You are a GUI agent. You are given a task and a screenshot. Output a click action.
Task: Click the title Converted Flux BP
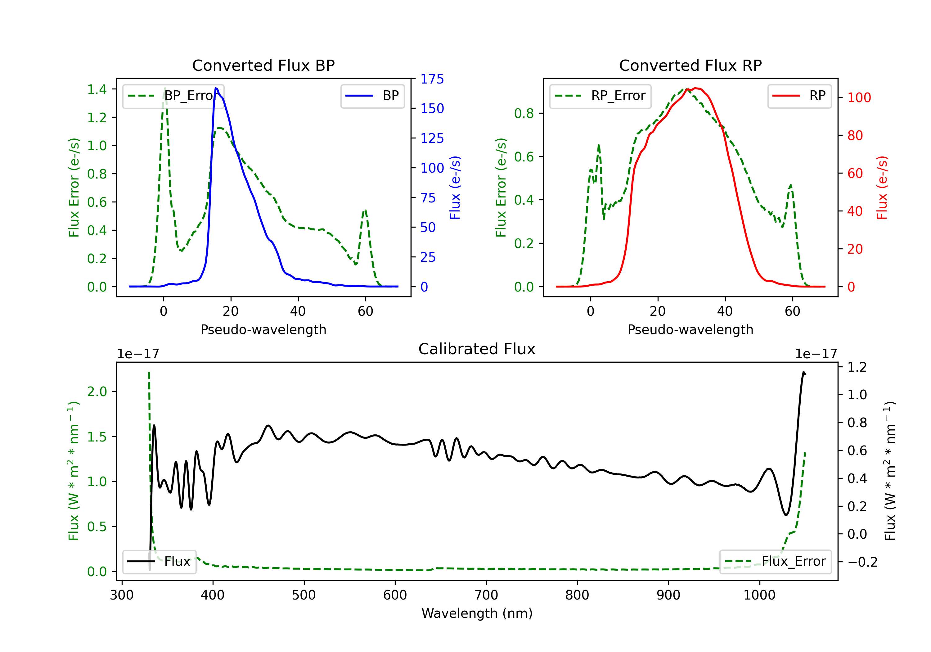[x=263, y=65]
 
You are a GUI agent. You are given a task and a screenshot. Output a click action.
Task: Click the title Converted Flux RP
[x=690, y=65]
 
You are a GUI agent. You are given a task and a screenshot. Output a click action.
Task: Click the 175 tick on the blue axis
[x=432, y=79]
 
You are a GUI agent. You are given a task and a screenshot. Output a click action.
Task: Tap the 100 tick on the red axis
[x=859, y=97]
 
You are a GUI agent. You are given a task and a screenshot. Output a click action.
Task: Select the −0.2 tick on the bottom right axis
[x=862, y=562]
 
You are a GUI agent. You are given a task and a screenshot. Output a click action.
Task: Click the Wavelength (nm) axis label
[x=477, y=613]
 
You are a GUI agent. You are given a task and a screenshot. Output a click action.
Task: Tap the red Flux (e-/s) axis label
[x=882, y=188]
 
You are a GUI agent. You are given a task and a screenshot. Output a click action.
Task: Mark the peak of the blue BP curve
[x=216, y=88]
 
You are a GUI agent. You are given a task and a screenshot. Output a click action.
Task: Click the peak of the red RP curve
[x=696, y=88]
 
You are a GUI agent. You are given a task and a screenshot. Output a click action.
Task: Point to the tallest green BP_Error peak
[x=164, y=88]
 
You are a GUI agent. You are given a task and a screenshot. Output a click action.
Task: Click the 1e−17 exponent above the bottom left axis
[x=138, y=354]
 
